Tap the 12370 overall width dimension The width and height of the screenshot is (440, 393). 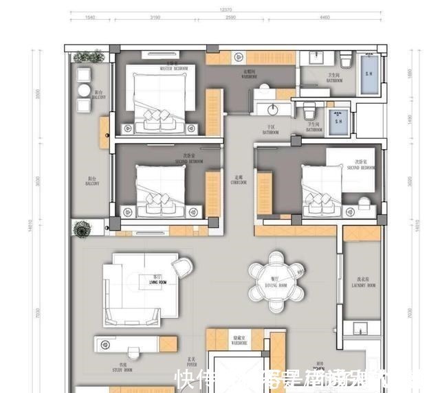225,10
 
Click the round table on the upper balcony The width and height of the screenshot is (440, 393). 85,90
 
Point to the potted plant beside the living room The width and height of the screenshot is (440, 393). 82,229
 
